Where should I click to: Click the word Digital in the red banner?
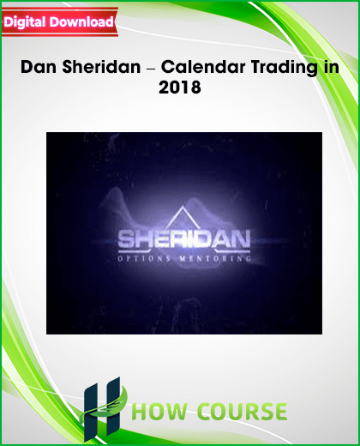(x=25, y=22)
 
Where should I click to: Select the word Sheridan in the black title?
(x=101, y=67)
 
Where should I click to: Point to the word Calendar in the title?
(x=203, y=67)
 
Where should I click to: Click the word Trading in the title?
(x=285, y=69)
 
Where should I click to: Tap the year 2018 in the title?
(x=180, y=87)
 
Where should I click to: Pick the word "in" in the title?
(x=332, y=67)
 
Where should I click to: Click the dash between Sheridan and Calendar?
(x=151, y=69)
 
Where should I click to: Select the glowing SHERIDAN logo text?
(x=184, y=239)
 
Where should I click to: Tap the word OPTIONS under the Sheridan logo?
(x=144, y=259)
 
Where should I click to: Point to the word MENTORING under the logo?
(x=215, y=259)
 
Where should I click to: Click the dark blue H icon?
(x=102, y=409)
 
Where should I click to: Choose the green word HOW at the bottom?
(x=159, y=412)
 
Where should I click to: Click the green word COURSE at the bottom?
(x=242, y=412)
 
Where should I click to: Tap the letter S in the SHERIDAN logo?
(x=126, y=239)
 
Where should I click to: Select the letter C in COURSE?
(x=205, y=412)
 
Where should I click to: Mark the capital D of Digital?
(x=9, y=22)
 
